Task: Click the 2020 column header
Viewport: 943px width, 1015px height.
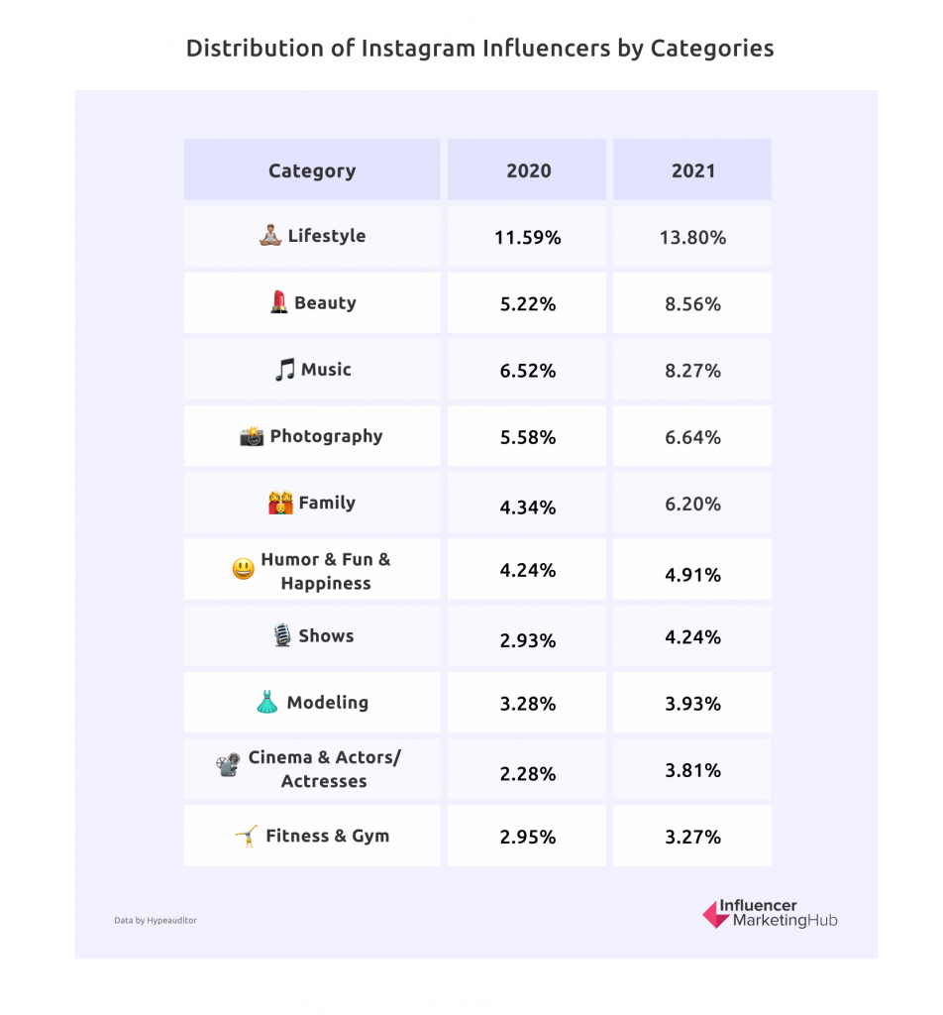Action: click(528, 170)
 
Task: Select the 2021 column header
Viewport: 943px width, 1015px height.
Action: click(692, 170)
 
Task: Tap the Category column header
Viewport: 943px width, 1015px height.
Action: click(311, 170)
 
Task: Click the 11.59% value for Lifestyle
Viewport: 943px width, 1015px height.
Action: click(528, 238)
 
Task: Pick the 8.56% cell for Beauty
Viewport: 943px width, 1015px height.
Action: click(692, 304)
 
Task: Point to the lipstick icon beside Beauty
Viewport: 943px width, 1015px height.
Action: click(278, 303)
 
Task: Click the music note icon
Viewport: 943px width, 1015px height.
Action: click(284, 370)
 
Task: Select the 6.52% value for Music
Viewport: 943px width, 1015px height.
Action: click(528, 371)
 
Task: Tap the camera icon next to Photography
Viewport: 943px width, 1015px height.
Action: click(252, 436)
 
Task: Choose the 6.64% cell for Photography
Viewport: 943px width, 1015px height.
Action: click(692, 437)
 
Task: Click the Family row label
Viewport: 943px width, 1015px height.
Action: click(327, 503)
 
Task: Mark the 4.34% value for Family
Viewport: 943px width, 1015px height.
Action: click(528, 507)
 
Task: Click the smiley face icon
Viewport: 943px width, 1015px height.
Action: click(243, 570)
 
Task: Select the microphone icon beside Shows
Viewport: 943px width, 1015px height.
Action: click(282, 636)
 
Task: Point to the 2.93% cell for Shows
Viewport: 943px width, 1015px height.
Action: click(528, 640)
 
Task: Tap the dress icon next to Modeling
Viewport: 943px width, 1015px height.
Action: click(267, 703)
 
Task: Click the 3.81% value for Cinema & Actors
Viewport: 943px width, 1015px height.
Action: click(692, 770)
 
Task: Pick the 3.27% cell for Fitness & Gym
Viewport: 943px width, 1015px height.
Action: click(692, 837)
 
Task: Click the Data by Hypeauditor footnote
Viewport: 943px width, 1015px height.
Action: click(156, 920)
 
